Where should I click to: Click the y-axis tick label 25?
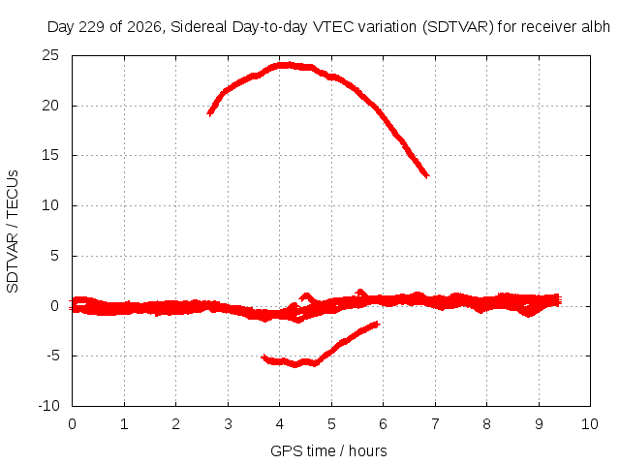pos(50,55)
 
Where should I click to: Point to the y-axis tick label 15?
pos(50,155)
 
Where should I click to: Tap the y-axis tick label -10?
pos(48,406)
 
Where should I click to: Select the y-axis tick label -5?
pos(53,356)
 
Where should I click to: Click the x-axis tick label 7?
pos(435,424)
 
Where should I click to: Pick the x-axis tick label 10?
pos(590,424)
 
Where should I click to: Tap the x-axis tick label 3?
pos(228,424)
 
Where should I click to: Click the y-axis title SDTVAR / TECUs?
pos(13,232)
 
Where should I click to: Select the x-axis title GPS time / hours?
pos(328,450)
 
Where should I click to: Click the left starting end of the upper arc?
pos(209,114)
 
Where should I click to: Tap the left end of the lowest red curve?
pos(263,357)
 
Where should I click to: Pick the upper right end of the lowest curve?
pos(379,324)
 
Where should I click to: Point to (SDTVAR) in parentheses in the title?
pos(458,27)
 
